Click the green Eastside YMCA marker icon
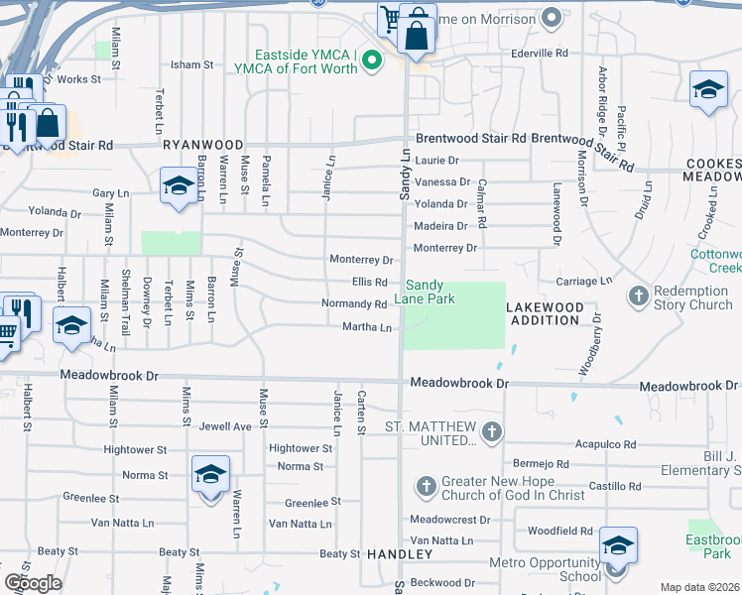372,61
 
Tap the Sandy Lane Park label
429,291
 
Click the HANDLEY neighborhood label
400,553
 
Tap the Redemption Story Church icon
639,296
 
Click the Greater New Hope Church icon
426,486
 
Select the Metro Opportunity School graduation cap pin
618,546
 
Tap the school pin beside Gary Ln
179,185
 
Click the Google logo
33,582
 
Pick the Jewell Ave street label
225,426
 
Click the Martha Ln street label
367,326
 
